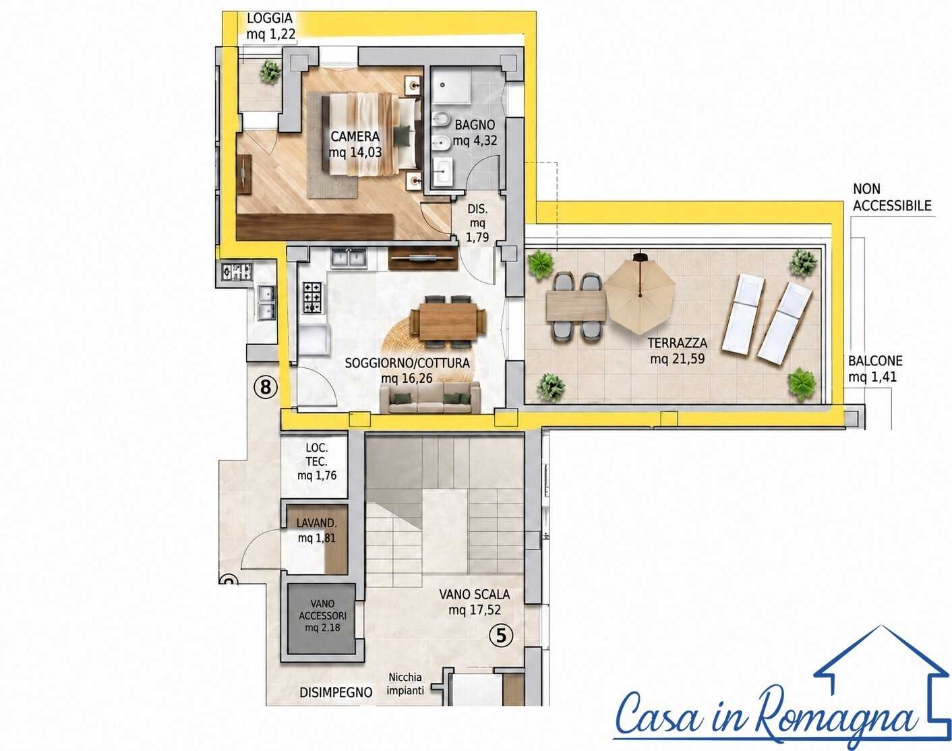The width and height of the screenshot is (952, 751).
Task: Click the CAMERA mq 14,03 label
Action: [355, 144]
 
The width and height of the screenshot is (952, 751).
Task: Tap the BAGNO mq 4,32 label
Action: [475, 133]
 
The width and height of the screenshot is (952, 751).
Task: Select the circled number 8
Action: [266, 387]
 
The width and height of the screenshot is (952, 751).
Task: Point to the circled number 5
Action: [501, 636]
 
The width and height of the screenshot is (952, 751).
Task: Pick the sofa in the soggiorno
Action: [430, 398]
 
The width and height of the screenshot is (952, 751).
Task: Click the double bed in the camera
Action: [371, 133]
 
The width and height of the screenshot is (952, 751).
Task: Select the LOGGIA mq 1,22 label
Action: [270, 26]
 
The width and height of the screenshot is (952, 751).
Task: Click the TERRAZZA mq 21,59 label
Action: [678, 351]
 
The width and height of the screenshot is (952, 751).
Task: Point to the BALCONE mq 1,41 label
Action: [875, 369]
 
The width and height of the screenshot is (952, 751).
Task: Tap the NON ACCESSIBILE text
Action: [892, 198]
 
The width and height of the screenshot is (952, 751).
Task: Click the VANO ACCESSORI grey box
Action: [322, 618]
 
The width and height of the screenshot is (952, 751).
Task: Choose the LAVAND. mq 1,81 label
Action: [317, 531]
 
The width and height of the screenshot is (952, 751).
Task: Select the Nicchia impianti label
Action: [405, 684]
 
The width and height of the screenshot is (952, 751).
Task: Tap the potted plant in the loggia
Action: [270, 71]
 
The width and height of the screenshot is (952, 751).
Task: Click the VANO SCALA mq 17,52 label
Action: [474, 602]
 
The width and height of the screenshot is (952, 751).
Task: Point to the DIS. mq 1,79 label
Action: [477, 223]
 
